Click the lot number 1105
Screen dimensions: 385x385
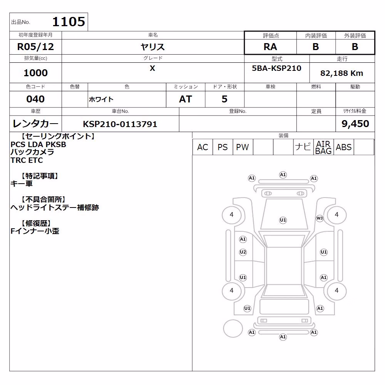click(x=69, y=22)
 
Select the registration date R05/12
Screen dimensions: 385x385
click(x=35, y=47)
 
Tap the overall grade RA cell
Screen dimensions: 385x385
click(x=270, y=47)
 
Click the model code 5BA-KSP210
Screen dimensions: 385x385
click(x=276, y=68)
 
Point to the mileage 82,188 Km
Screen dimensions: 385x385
click(x=341, y=73)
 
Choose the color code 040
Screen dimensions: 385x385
click(x=35, y=99)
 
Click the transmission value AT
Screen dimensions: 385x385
click(x=186, y=99)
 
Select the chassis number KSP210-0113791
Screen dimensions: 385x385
click(x=120, y=124)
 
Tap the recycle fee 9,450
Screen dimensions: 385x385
click(x=355, y=124)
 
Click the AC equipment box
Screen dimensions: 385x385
click(x=203, y=147)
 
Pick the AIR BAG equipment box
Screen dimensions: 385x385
click(x=323, y=147)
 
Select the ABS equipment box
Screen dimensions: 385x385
click(x=343, y=147)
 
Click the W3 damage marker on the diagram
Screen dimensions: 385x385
click(x=320, y=218)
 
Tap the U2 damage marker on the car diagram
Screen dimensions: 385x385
click(x=243, y=252)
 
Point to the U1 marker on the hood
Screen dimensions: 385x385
click(x=283, y=220)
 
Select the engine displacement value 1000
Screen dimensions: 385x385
click(x=35, y=73)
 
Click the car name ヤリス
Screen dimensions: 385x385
click(x=152, y=47)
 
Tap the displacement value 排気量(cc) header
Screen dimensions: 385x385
click(x=35, y=59)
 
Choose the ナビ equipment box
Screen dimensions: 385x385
click(x=303, y=147)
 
